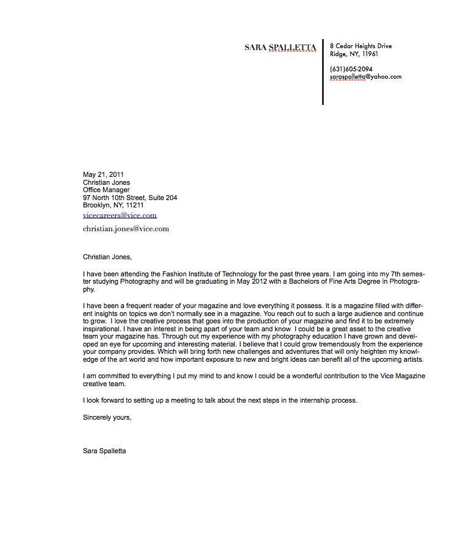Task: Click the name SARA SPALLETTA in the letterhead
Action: [280, 47]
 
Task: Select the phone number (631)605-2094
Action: [351, 69]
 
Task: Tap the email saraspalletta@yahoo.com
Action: [365, 77]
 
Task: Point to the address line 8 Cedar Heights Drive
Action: [360, 46]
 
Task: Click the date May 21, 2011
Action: [103, 174]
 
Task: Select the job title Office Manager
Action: [106, 190]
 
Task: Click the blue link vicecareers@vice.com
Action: [120, 215]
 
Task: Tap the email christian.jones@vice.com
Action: [126, 229]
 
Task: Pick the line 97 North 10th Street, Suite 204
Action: [130, 198]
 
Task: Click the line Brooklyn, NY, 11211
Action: [113, 206]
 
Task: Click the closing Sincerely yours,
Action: [107, 417]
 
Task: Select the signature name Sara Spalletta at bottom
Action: [104, 451]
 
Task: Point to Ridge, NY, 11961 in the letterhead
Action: [354, 54]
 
